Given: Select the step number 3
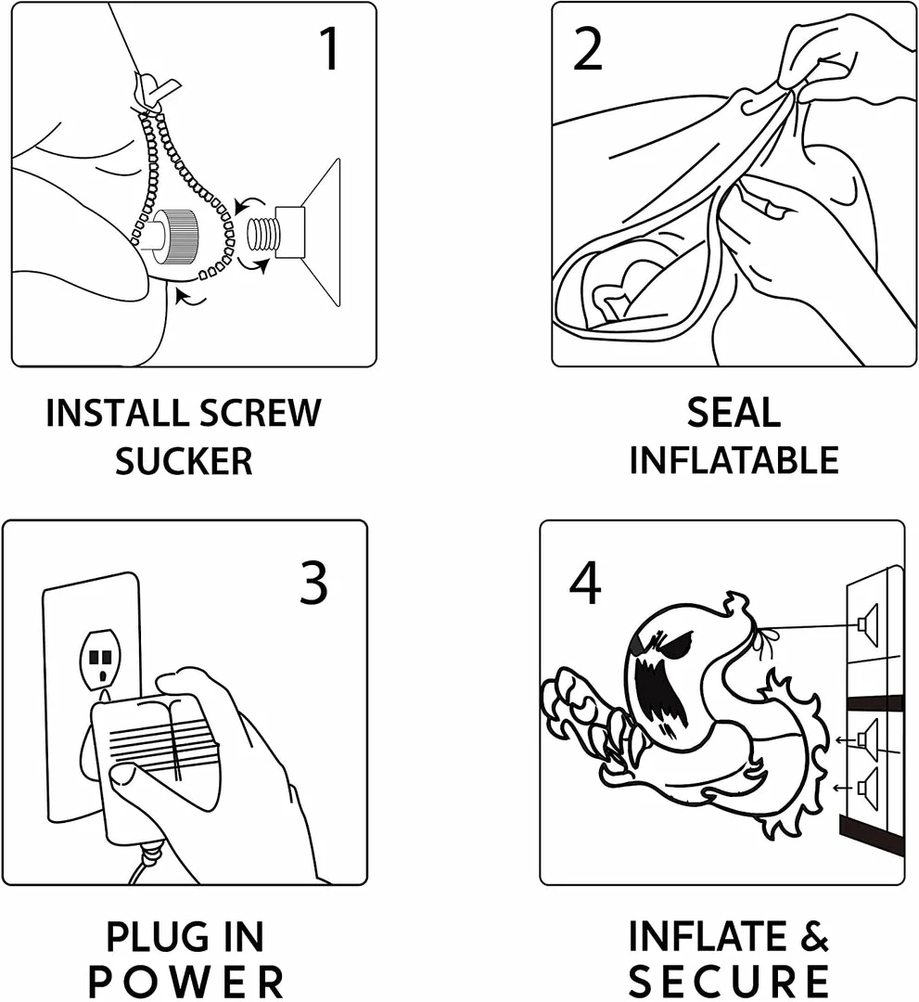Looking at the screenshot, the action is click(313, 583).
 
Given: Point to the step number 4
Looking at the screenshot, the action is click(585, 583).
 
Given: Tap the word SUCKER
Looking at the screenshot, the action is click(184, 461).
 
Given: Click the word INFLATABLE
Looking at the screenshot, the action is click(734, 461).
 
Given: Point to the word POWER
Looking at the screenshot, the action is click(185, 982).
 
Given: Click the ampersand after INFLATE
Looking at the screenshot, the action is click(814, 936).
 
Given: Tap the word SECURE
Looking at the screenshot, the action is click(729, 982).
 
